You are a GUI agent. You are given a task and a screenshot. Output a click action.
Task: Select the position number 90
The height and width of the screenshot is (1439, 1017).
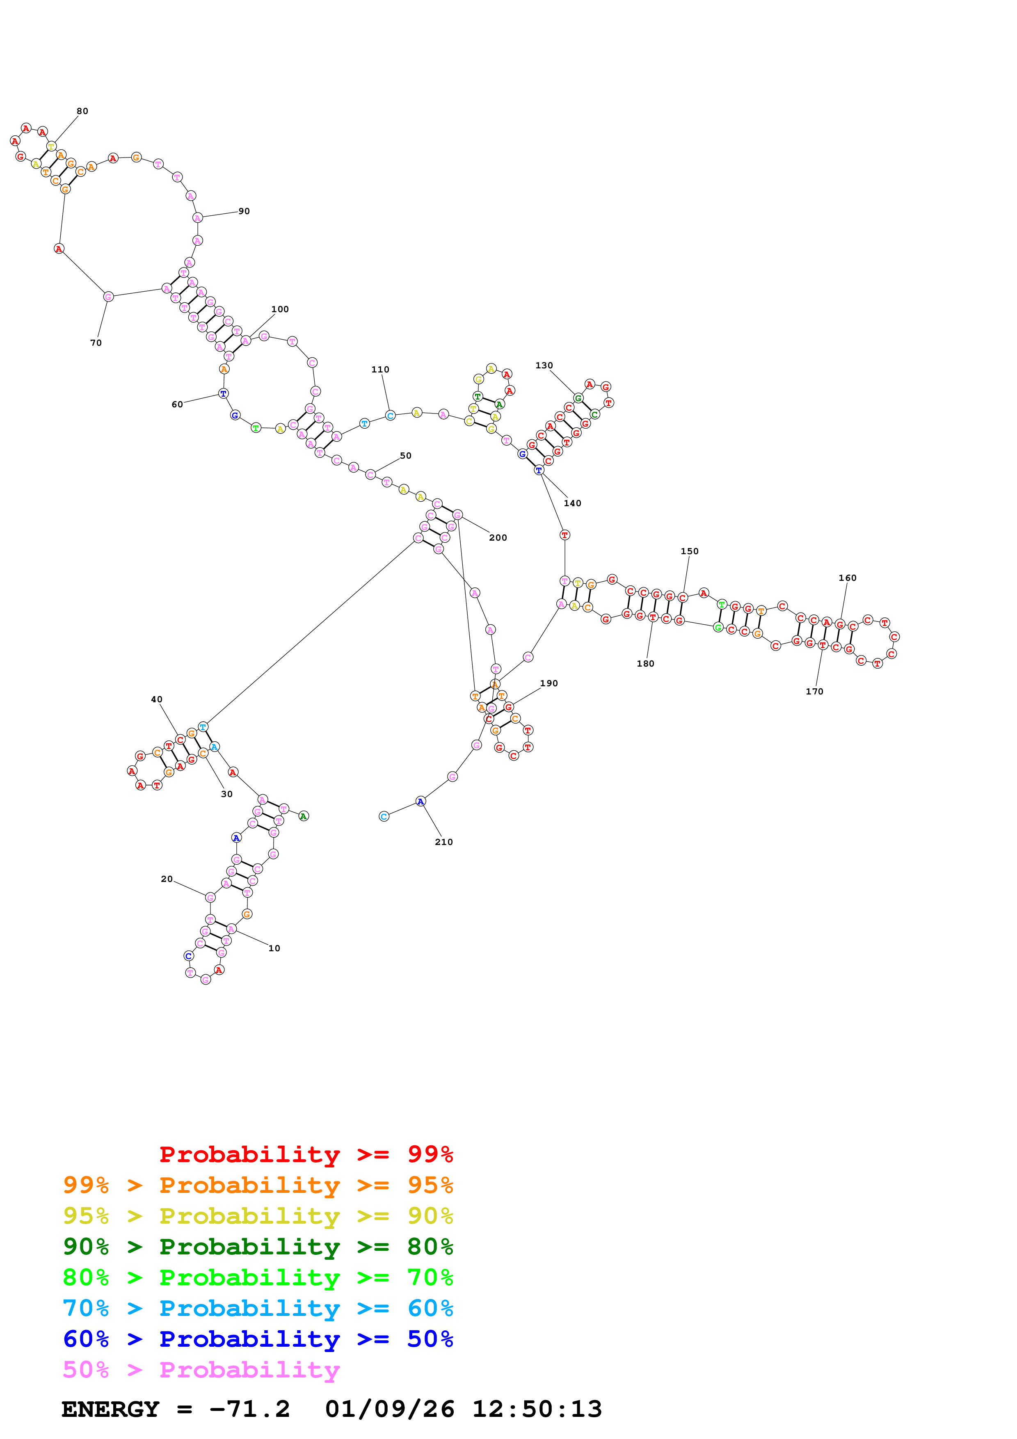coord(244,211)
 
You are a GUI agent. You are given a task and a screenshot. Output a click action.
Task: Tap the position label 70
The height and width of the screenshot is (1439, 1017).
coord(96,343)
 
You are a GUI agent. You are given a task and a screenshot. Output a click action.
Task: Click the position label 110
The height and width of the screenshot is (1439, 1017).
coord(380,370)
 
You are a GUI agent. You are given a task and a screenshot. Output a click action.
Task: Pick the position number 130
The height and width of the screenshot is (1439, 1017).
coord(544,365)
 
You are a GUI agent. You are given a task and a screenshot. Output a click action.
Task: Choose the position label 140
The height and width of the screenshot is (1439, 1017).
coord(572,503)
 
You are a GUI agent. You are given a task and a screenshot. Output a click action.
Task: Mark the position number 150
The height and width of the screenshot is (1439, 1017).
coord(689,552)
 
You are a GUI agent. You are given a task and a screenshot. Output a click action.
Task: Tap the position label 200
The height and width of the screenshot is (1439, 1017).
coord(498,538)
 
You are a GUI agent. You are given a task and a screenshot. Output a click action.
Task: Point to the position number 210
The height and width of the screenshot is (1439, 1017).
coord(443,842)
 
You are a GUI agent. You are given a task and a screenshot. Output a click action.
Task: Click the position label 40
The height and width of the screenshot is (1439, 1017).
coord(157,699)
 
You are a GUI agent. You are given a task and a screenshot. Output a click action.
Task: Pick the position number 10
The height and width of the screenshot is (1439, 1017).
coord(274,948)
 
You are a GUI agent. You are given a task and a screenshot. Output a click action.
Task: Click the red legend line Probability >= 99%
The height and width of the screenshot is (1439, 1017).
coord(306,1154)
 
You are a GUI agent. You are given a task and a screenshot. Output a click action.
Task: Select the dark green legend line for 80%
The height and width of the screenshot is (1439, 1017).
coord(258,1247)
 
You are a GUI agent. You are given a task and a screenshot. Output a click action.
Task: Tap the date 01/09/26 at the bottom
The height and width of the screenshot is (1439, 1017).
coord(389,1409)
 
